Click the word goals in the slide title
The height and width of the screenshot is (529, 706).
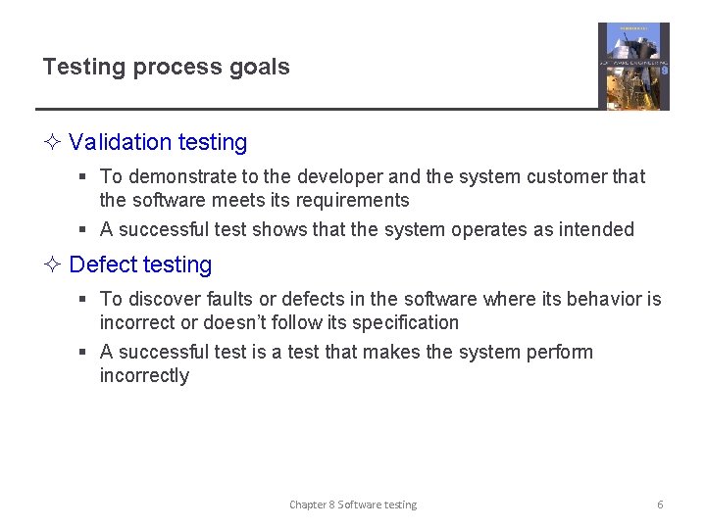click(x=259, y=68)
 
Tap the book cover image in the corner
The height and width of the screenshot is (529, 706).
click(x=633, y=66)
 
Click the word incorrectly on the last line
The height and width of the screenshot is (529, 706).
click(x=144, y=375)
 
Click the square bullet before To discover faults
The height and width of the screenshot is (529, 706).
click(x=84, y=300)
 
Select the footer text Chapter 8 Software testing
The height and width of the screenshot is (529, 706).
click(x=353, y=505)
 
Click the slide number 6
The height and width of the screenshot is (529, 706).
click(x=660, y=505)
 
